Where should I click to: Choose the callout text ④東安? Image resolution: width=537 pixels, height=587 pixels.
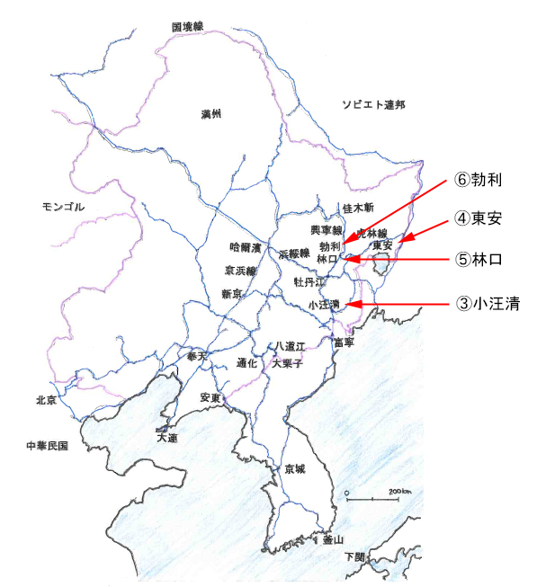477,218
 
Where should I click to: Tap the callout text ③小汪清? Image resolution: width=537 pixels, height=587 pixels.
487,304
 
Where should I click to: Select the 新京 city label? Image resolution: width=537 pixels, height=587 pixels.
231,294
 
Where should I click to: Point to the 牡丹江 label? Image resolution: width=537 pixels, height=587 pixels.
307,281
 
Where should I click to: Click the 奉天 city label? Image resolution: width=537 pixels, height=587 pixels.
196,357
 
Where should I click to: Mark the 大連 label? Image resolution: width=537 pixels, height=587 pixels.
167,438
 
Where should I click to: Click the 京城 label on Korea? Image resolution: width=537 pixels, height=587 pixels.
295,469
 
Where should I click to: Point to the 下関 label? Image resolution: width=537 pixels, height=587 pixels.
355,557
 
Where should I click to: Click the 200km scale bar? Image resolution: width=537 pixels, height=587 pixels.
372,496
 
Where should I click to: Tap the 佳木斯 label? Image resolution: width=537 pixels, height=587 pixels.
357,209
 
